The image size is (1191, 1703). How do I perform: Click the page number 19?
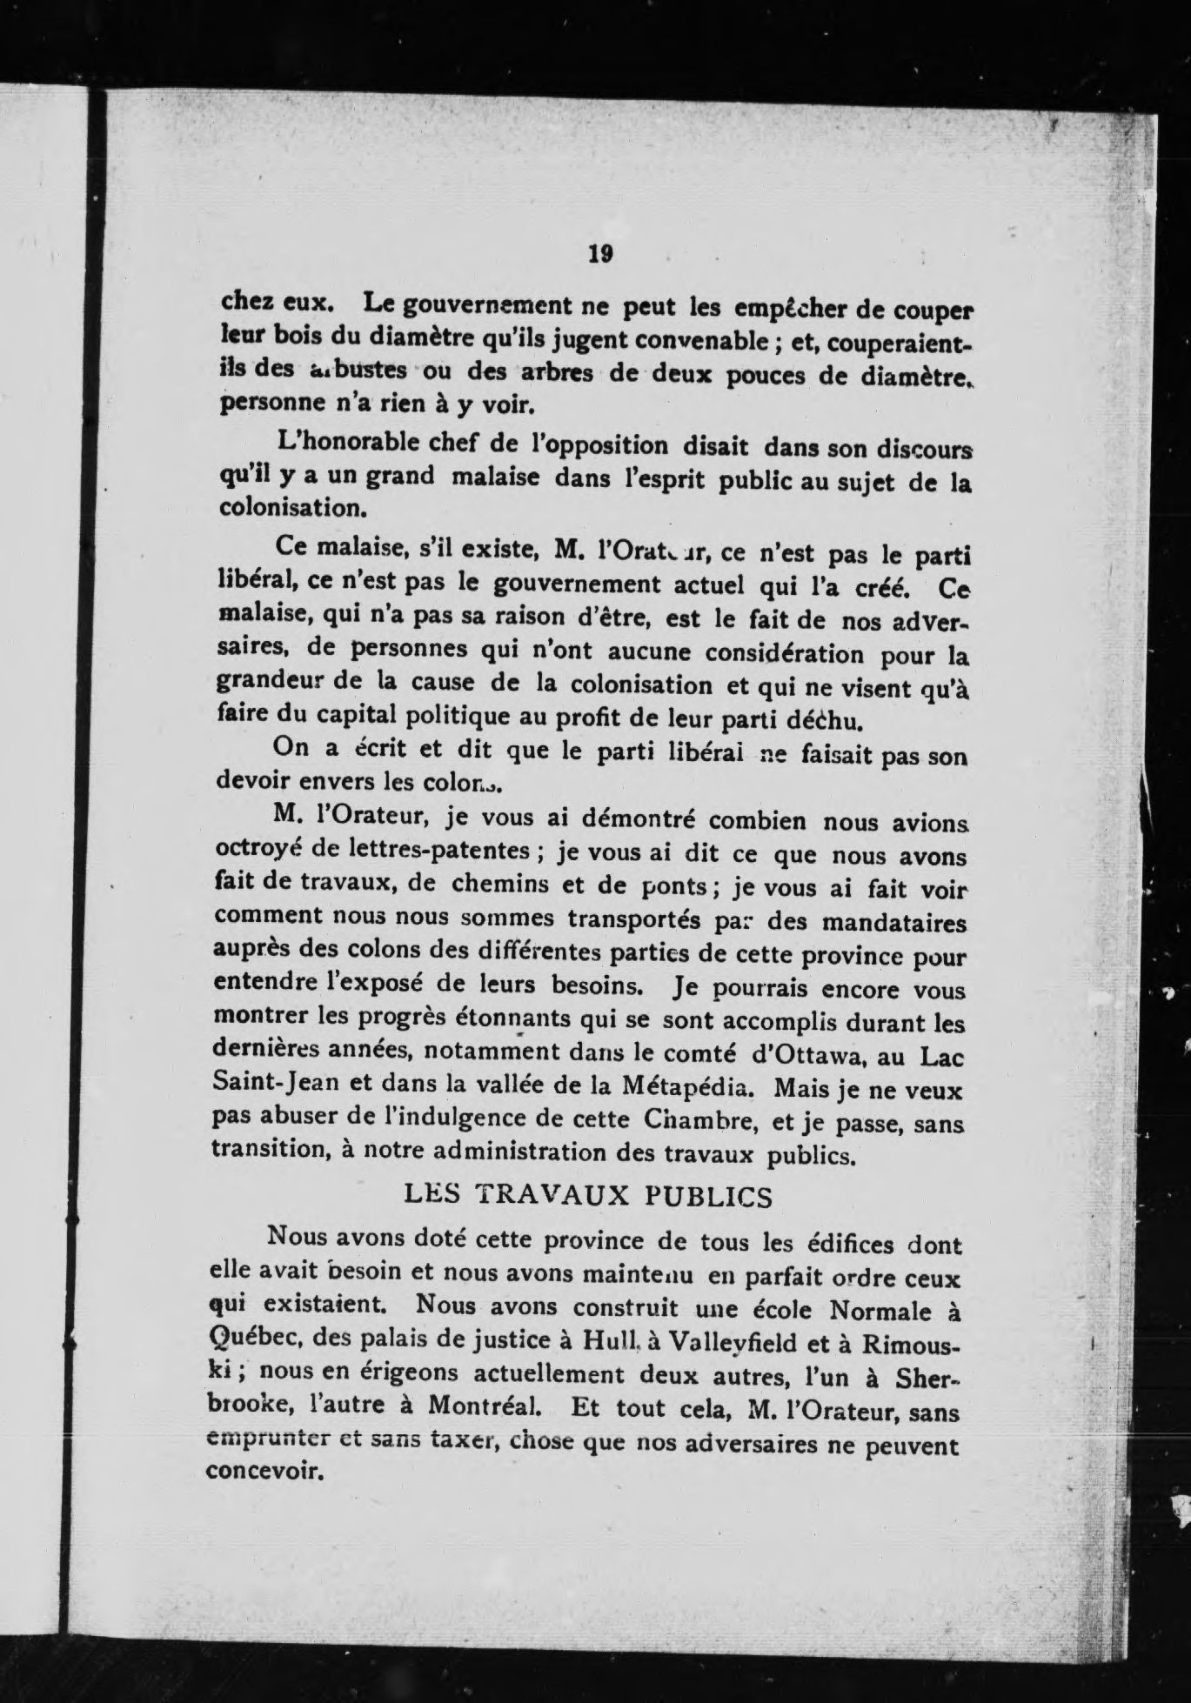(601, 254)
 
